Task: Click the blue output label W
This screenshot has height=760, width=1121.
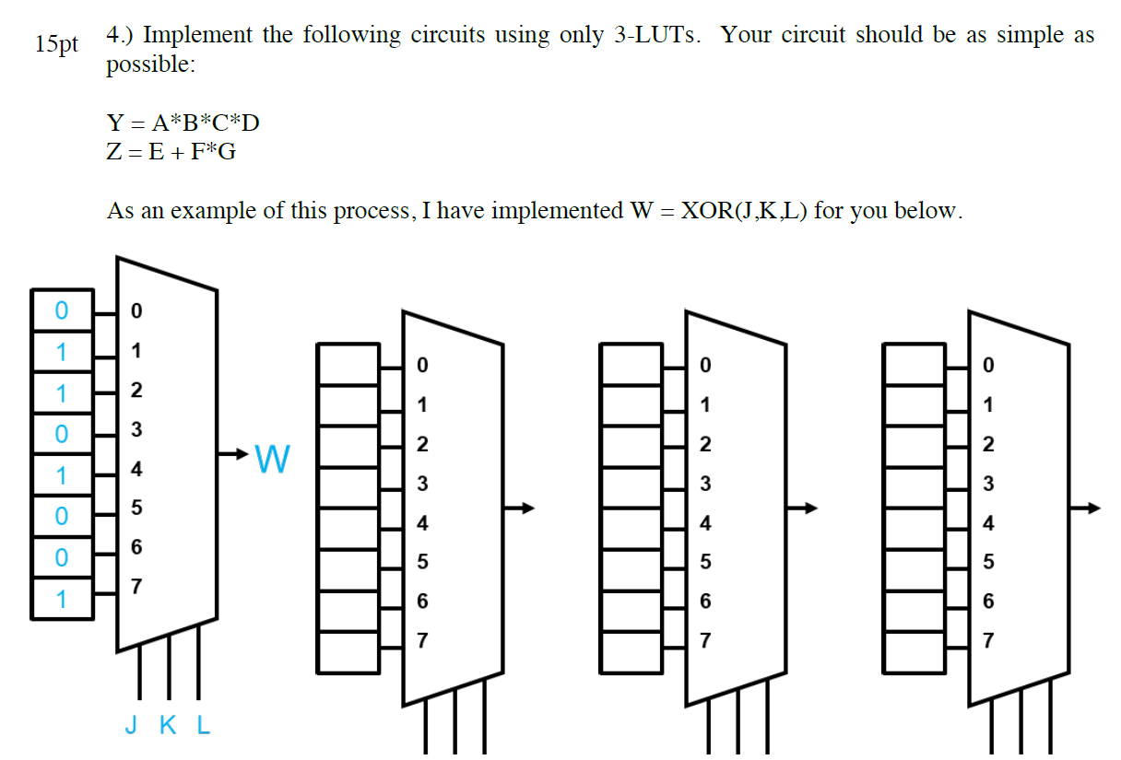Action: click(x=273, y=457)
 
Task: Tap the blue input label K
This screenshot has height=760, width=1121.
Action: click(x=168, y=726)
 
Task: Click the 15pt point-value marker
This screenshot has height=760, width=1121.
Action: click(x=57, y=44)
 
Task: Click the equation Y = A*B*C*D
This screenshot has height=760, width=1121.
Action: click(x=177, y=123)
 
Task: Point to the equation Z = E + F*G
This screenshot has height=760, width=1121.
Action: click(x=171, y=152)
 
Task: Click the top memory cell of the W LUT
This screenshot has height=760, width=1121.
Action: click(x=61, y=310)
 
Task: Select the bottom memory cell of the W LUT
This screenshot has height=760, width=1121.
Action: click(x=61, y=599)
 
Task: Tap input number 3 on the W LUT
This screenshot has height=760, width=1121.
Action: click(x=136, y=429)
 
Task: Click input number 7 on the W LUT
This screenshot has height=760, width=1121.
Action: click(x=136, y=586)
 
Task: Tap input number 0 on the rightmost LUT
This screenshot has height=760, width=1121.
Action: click(x=988, y=366)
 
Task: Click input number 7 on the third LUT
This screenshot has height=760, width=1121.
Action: click(x=705, y=640)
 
